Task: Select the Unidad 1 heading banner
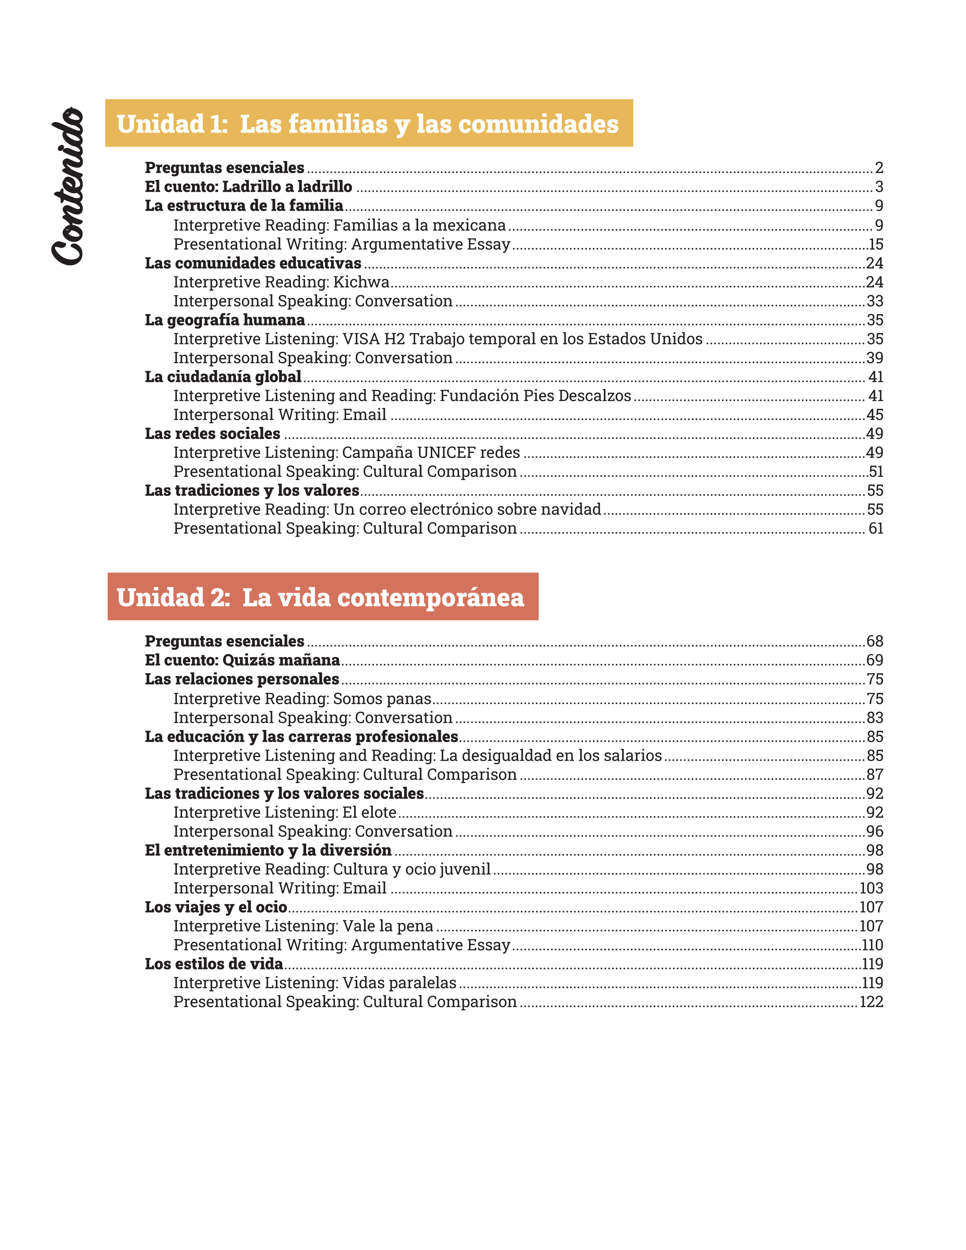click(369, 123)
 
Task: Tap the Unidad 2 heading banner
click(323, 597)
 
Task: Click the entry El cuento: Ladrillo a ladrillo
click(249, 187)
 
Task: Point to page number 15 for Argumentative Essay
click(875, 244)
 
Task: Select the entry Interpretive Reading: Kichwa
click(281, 282)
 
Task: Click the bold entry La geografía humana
click(225, 320)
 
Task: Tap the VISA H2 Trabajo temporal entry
click(438, 339)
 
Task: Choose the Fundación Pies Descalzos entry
click(402, 395)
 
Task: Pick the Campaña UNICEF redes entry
click(346, 452)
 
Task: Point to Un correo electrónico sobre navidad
click(387, 509)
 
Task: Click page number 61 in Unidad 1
click(875, 528)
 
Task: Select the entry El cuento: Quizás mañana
click(242, 660)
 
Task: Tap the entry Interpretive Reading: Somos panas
click(302, 698)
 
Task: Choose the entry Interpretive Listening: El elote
click(284, 812)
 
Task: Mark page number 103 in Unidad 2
click(871, 888)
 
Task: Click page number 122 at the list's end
click(871, 1002)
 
